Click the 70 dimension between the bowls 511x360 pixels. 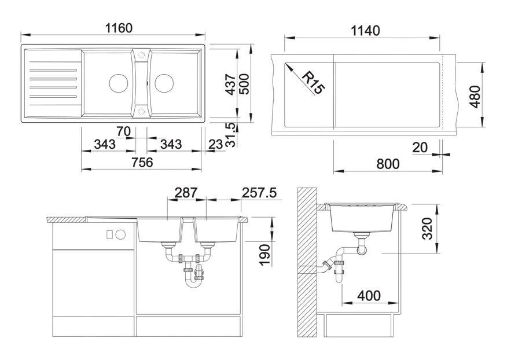coord(123,131)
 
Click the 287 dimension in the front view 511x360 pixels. coord(186,192)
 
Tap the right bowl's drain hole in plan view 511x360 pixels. coord(163,83)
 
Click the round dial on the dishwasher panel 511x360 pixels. coord(120,234)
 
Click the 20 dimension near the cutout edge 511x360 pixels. coord(420,148)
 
